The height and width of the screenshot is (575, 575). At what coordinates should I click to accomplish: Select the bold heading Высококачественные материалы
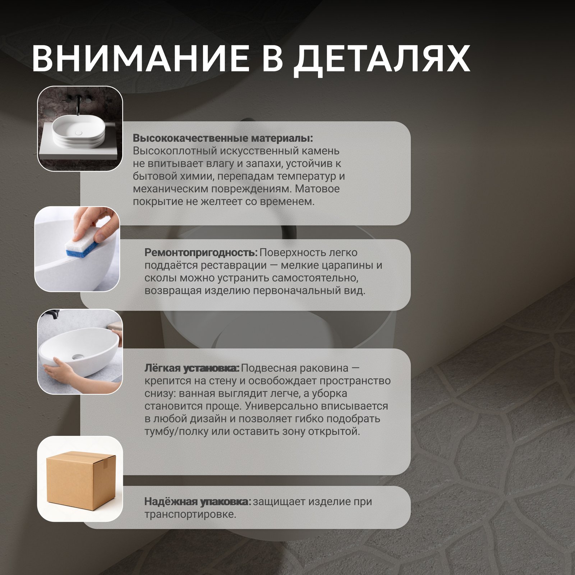click(x=223, y=138)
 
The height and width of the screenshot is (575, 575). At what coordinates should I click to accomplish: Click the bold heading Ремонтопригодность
click(x=201, y=253)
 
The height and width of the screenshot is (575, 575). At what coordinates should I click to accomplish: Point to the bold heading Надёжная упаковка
click(x=198, y=502)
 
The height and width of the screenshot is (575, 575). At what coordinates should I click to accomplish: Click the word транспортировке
click(x=190, y=515)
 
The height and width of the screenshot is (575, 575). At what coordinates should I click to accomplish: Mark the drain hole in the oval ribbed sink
click(x=79, y=133)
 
